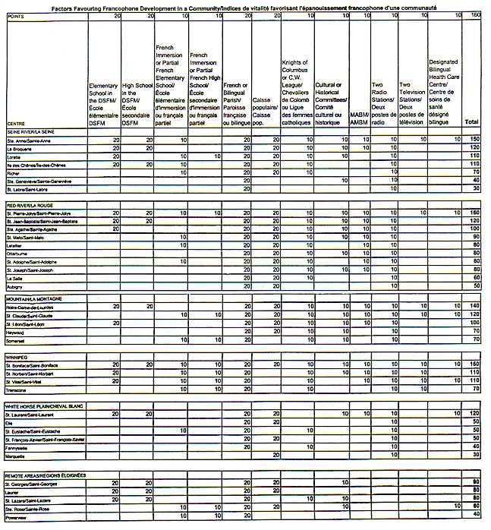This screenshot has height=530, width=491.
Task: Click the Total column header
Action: click(471, 121)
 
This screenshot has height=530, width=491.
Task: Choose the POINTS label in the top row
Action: click(16, 15)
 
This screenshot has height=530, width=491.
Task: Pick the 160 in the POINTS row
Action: click(476, 15)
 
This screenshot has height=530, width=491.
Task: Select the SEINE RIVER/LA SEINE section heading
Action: click(30, 131)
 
